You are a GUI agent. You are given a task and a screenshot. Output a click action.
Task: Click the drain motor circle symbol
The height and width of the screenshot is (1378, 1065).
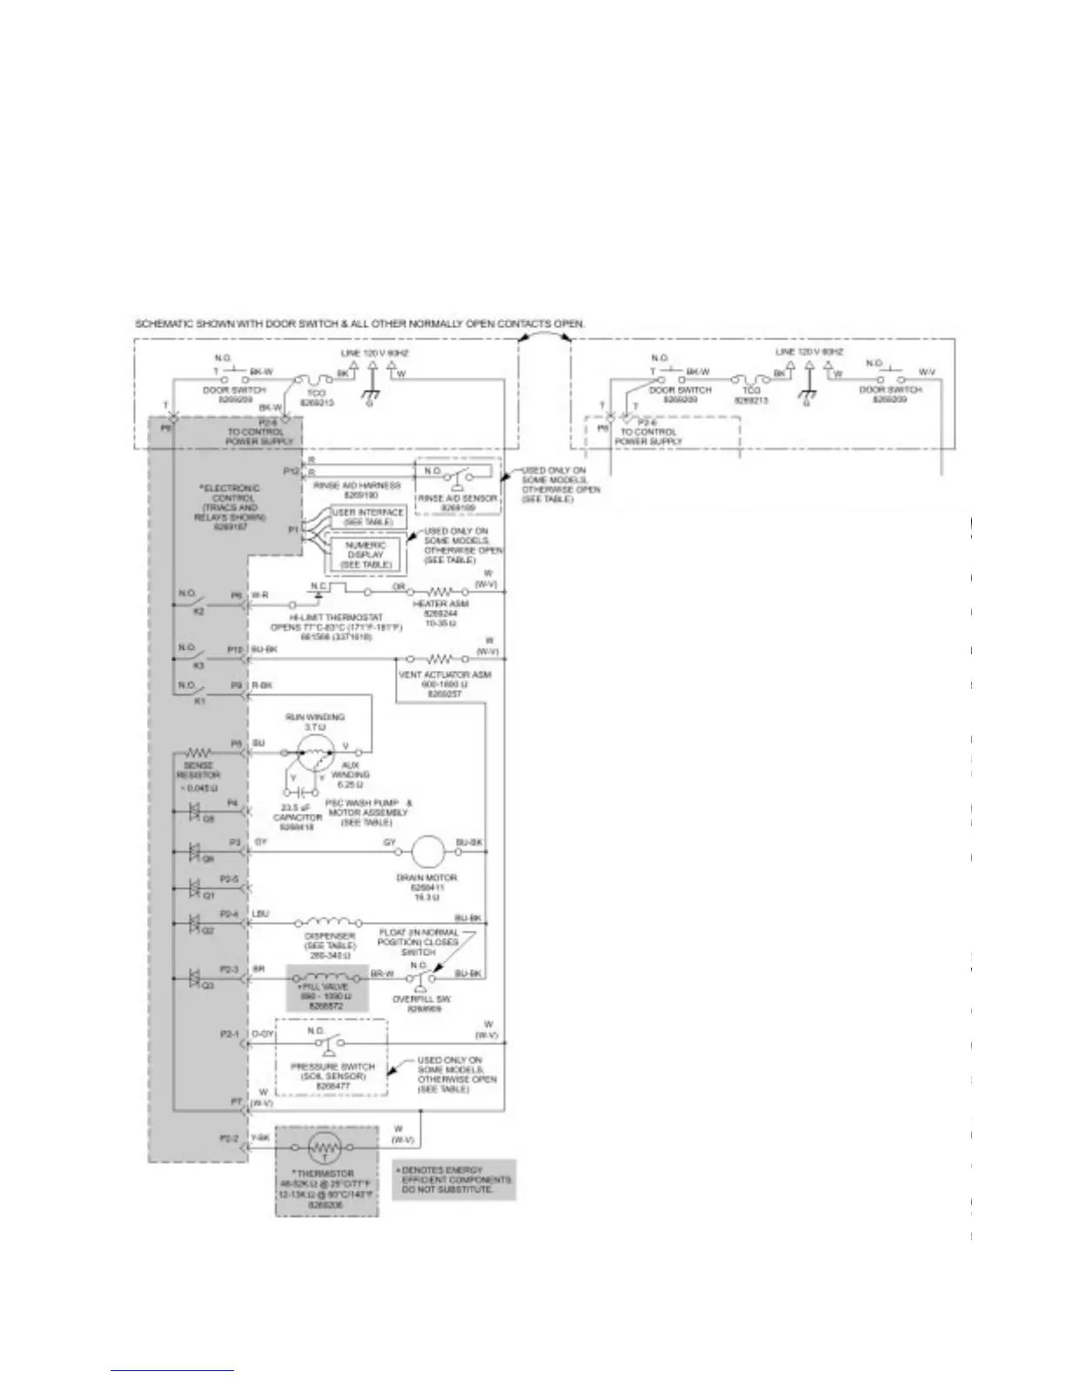(x=428, y=850)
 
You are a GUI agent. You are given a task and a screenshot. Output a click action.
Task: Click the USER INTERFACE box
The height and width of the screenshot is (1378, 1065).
(x=368, y=518)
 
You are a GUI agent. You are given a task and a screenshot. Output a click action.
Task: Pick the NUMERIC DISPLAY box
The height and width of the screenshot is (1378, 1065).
(x=365, y=554)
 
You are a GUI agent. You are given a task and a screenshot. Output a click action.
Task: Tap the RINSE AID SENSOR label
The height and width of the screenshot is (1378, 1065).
(x=457, y=498)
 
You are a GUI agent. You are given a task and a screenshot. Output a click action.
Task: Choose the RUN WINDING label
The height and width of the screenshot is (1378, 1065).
(x=315, y=718)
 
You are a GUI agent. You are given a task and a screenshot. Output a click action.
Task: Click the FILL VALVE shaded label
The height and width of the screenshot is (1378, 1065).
(x=328, y=987)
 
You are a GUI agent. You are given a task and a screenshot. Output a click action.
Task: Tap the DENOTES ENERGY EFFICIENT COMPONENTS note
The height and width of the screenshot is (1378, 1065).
(x=453, y=1179)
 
